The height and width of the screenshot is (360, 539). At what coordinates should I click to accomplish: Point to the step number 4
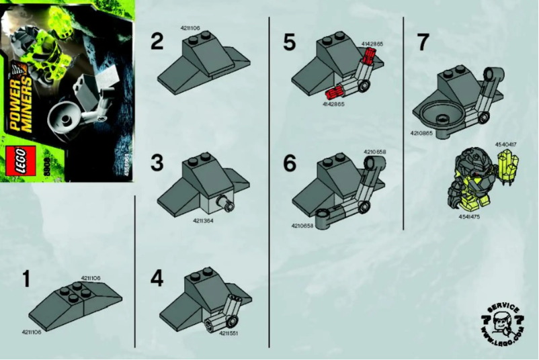(x=157, y=277)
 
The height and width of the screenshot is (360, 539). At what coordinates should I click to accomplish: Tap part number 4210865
(x=421, y=134)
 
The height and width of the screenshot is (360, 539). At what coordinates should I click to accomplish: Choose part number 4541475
(x=469, y=216)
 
